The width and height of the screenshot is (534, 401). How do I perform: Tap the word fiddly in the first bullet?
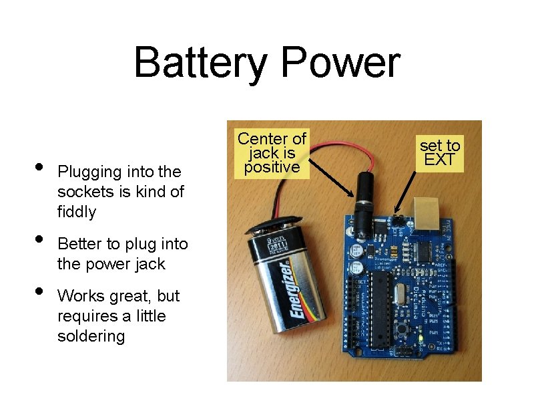tap(77, 213)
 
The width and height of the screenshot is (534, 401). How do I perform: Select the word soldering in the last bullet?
tap(91, 336)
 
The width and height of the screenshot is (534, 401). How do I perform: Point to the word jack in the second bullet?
tap(149, 264)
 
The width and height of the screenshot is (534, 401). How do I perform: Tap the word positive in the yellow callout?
tap(272, 167)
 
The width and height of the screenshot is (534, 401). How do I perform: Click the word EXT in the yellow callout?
tap(440, 160)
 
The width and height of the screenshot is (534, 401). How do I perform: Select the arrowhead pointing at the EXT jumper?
tap(396, 213)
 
